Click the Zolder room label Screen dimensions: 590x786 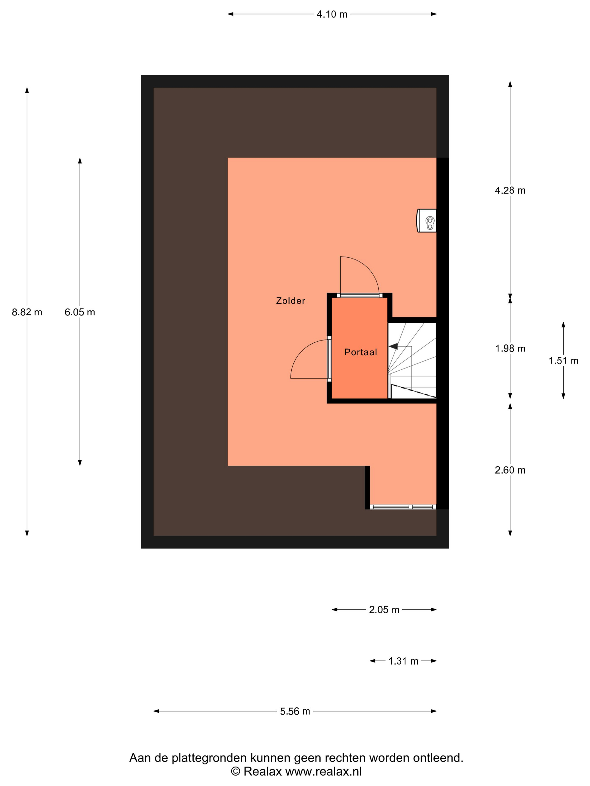290,301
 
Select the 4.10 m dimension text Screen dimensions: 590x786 332,14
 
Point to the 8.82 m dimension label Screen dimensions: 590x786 27,312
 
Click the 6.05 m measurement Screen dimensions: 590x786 80,312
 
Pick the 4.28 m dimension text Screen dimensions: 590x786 510,190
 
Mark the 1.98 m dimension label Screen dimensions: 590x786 510,348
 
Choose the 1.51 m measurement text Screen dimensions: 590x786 563,360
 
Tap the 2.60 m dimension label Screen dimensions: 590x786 510,470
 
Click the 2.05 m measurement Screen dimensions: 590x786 384,610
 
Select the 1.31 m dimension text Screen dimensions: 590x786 403,661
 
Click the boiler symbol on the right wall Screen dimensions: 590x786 426,221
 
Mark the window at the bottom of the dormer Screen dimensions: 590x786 403,507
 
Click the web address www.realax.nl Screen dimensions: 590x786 323,771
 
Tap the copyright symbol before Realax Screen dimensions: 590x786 235,771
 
